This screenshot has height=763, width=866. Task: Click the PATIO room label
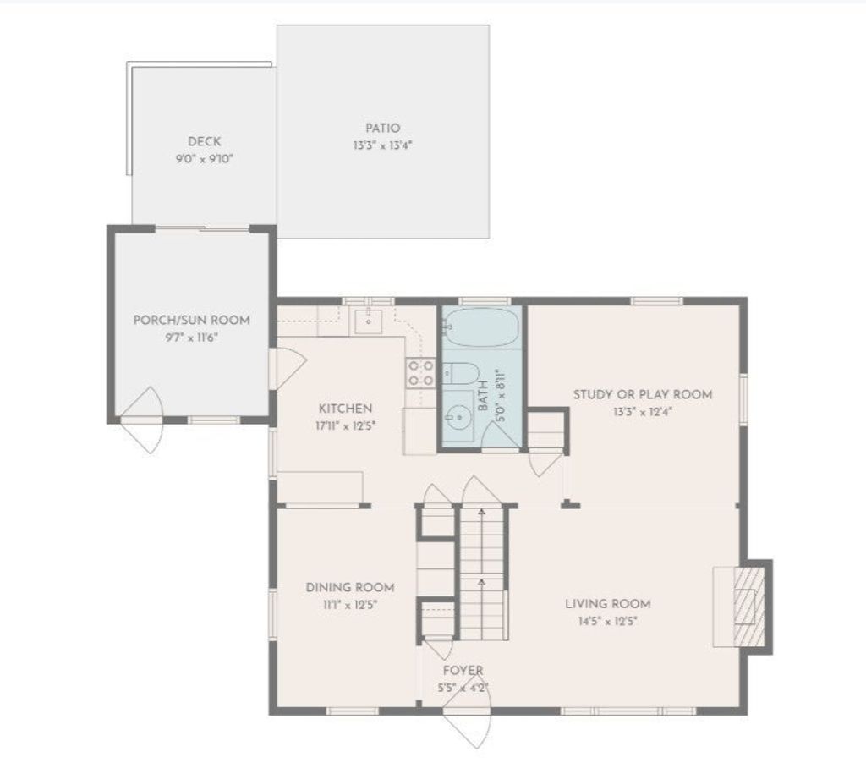tap(383, 129)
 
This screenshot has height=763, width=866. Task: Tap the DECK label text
tap(205, 141)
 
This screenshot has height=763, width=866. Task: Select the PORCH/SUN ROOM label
tap(192, 320)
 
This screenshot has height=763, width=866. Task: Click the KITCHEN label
tap(346, 409)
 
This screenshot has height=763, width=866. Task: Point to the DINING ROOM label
tap(350, 587)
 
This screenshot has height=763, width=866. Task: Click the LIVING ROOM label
tap(607, 603)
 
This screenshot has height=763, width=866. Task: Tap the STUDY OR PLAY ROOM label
tap(643, 394)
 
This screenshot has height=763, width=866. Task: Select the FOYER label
tap(463, 670)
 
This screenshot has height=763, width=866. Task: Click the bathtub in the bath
tap(481, 327)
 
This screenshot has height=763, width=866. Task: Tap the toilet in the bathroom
tap(461, 374)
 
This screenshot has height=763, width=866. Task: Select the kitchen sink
tap(368, 321)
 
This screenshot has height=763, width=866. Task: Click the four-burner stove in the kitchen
tap(421, 373)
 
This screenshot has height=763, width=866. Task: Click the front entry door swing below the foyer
tap(467, 718)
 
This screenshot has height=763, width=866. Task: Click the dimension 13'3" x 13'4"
tap(383, 145)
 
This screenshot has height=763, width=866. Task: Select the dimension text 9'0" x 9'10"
tap(205, 159)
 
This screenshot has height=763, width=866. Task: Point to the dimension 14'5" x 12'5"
tap(607, 621)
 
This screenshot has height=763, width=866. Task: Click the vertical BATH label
tap(483, 396)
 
